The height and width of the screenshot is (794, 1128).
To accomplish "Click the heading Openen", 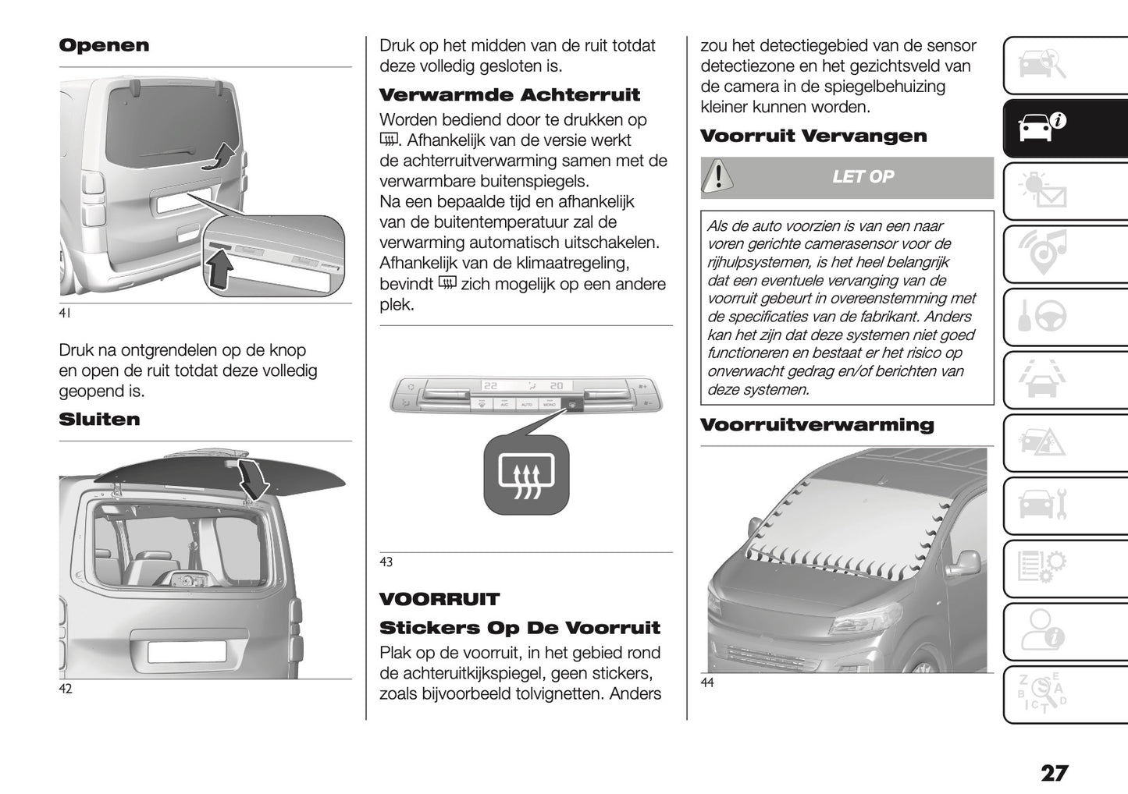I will click(104, 45).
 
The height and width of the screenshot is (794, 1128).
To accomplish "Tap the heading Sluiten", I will click(99, 420).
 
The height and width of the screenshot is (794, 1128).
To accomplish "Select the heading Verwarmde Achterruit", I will click(509, 95).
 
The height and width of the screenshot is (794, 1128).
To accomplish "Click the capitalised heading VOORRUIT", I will click(439, 600).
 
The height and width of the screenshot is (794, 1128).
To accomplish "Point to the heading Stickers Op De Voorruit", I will click(519, 628).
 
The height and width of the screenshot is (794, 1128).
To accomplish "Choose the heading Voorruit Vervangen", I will click(813, 136).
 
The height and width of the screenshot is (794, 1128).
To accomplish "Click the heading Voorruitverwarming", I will click(817, 425).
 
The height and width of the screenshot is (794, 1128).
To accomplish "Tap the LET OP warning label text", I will click(863, 177).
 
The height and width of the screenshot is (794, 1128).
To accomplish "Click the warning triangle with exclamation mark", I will click(717, 177).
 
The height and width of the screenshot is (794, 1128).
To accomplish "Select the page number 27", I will click(1053, 773).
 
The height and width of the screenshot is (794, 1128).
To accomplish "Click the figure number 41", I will click(65, 314).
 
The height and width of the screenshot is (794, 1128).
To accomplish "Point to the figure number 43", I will click(386, 562).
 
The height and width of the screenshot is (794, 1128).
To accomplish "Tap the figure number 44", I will click(706, 683).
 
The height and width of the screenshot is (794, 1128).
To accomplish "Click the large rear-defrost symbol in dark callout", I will click(526, 475).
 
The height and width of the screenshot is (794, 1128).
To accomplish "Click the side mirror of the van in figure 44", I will click(966, 563).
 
